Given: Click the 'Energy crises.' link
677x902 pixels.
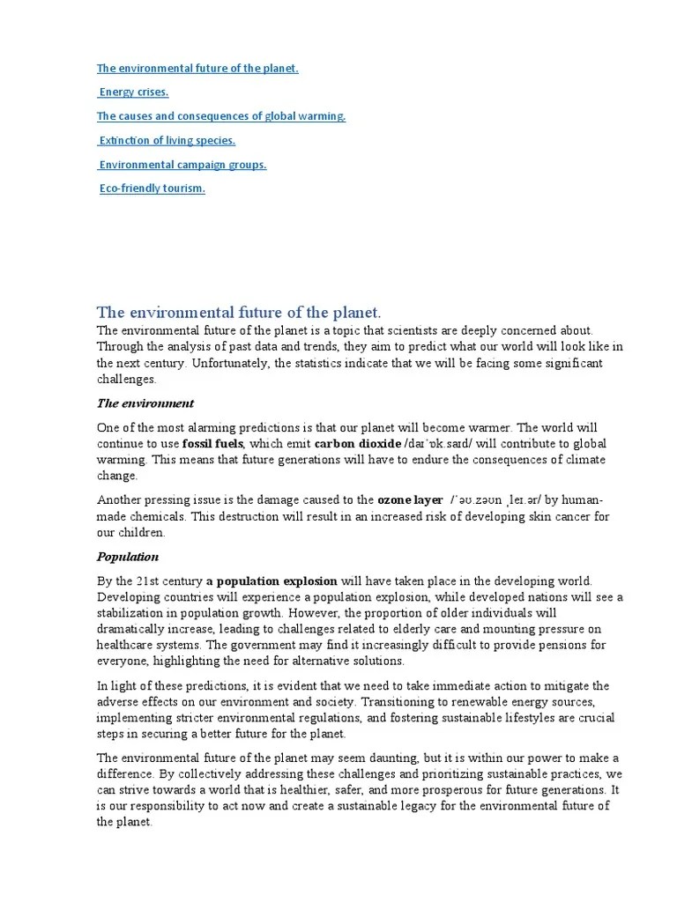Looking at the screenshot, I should click(133, 92).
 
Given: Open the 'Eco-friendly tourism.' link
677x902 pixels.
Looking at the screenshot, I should click(152, 188).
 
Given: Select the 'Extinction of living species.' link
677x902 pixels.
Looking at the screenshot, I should click(167, 140).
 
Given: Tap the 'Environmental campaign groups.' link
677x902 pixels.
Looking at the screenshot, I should click(182, 164).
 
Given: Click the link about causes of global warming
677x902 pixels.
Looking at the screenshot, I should click(220, 115).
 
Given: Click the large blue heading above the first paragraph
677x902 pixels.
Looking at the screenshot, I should click(238, 312).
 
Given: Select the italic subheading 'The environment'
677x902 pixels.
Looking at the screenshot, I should click(145, 403).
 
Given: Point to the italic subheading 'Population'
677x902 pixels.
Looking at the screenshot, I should click(127, 557).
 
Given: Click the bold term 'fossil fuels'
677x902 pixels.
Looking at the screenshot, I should click(212, 443).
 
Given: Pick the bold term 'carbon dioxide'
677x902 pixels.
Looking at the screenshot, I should click(357, 443).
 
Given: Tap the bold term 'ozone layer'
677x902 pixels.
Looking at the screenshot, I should click(410, 499).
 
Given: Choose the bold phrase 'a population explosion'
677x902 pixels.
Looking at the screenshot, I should click(272, 581).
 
